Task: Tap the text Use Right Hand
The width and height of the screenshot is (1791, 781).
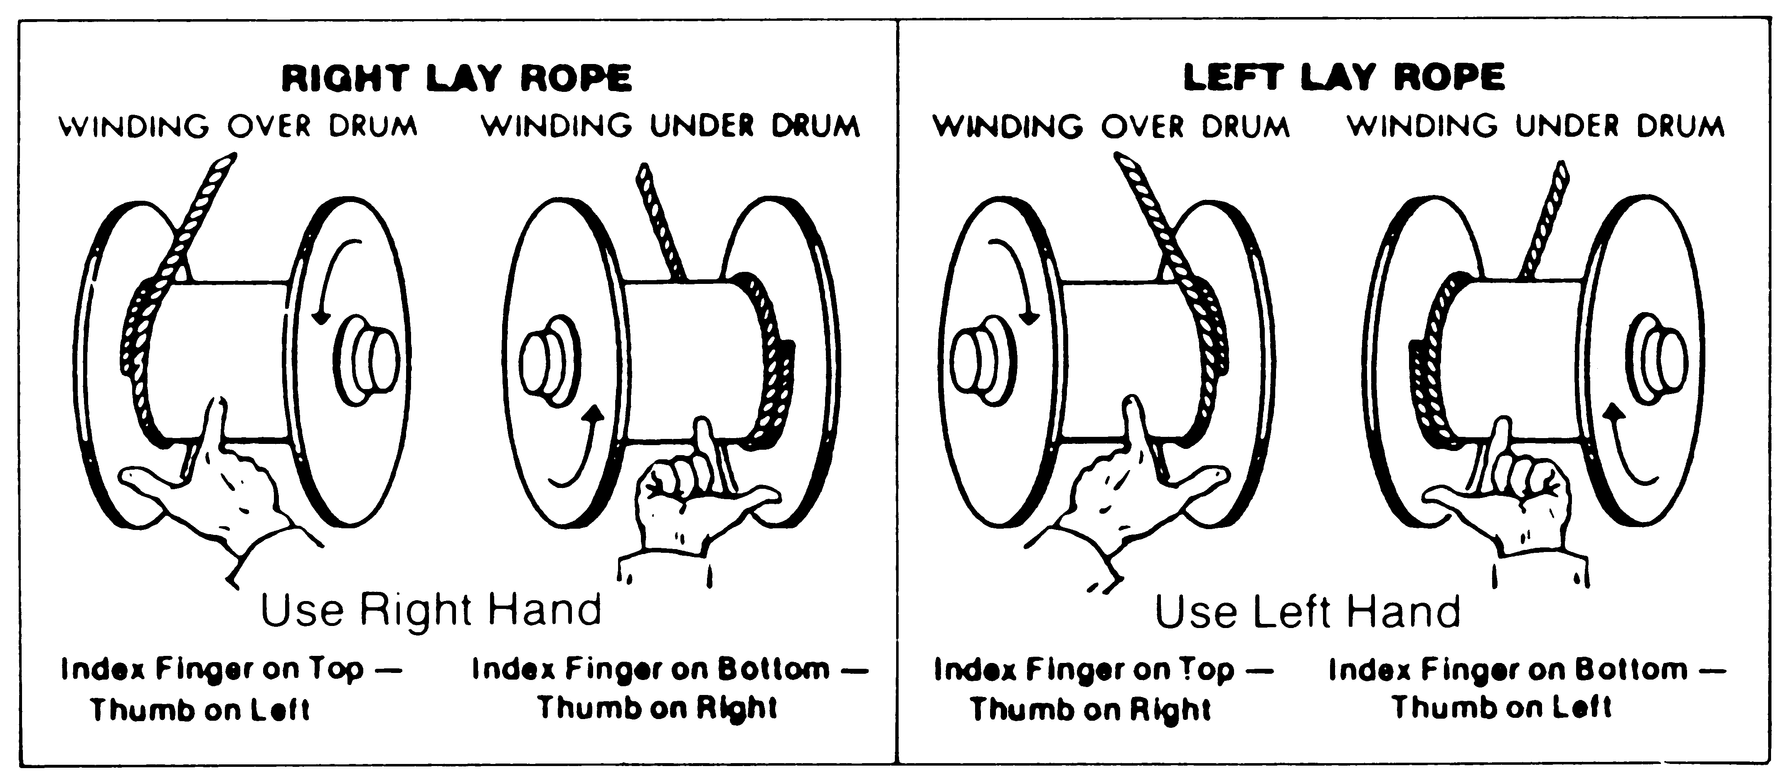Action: click(431, 610)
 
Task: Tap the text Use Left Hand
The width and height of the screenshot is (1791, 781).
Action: click(1307, 612)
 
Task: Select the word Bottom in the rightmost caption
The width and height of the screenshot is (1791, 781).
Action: click(1631, 669)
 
